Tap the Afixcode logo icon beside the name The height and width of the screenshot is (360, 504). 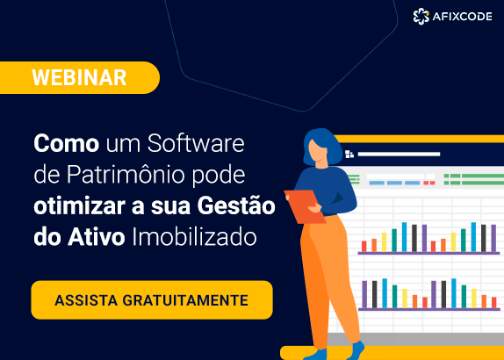[421, 15]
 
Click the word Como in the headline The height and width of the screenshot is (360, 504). [67, 142]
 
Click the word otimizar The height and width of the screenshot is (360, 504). [76, 205]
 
